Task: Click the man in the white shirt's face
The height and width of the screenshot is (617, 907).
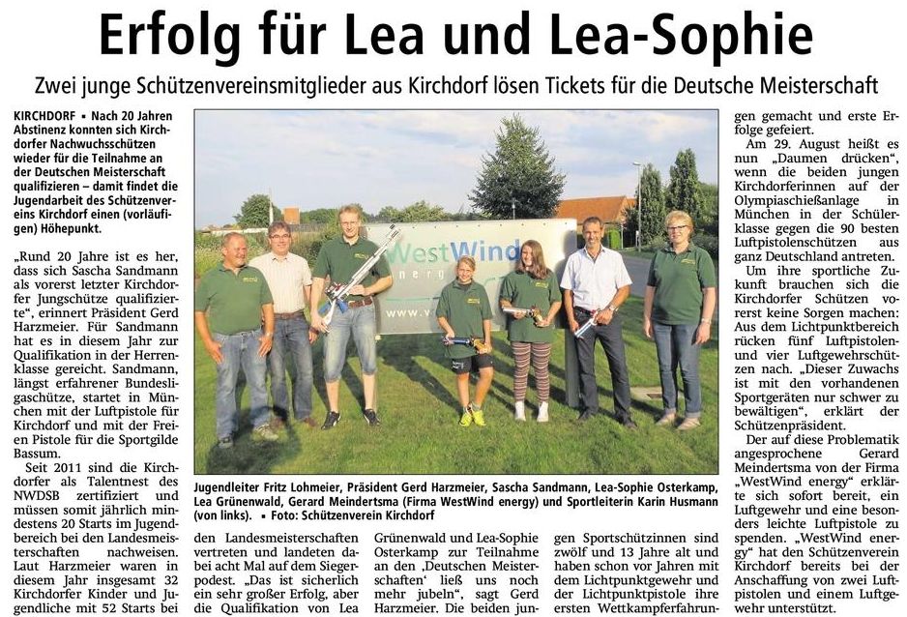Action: tap(593, 233)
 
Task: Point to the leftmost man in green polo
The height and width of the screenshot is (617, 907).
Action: tap(232, 329)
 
